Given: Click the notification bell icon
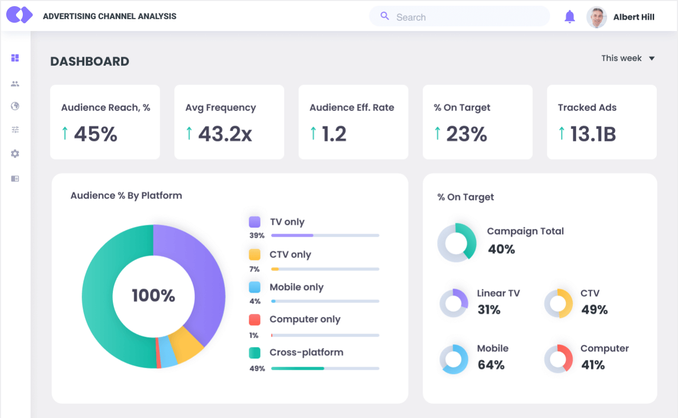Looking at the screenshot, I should (x=570, y=17).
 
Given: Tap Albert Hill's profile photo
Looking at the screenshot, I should (x=597, y=17).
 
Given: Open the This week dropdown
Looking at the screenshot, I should (x=628, y=59).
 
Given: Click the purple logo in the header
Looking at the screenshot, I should (x=19, y=15).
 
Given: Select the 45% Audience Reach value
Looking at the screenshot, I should (x=95, y=134).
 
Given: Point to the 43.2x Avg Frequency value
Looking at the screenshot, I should (x=225, y=134).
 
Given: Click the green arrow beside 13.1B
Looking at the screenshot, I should (x=561, y=134).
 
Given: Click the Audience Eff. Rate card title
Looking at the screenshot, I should (x=352, y=108).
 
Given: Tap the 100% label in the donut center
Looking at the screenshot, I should (x=153, y=296).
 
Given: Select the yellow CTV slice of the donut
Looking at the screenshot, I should (x=186, y=344).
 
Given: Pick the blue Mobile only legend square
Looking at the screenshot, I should (x=254, y=287).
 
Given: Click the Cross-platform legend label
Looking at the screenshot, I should (x=306, y=353).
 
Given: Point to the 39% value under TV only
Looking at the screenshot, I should (x=257, y=236).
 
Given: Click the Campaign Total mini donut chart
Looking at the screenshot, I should (x=457, y=242).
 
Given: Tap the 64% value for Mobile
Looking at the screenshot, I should (x=491, y=365).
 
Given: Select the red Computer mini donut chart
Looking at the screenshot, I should (x=558, y=358).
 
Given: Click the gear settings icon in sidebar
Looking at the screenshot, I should (x=15, y=154).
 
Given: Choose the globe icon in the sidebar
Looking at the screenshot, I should (x=15, y=106).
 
